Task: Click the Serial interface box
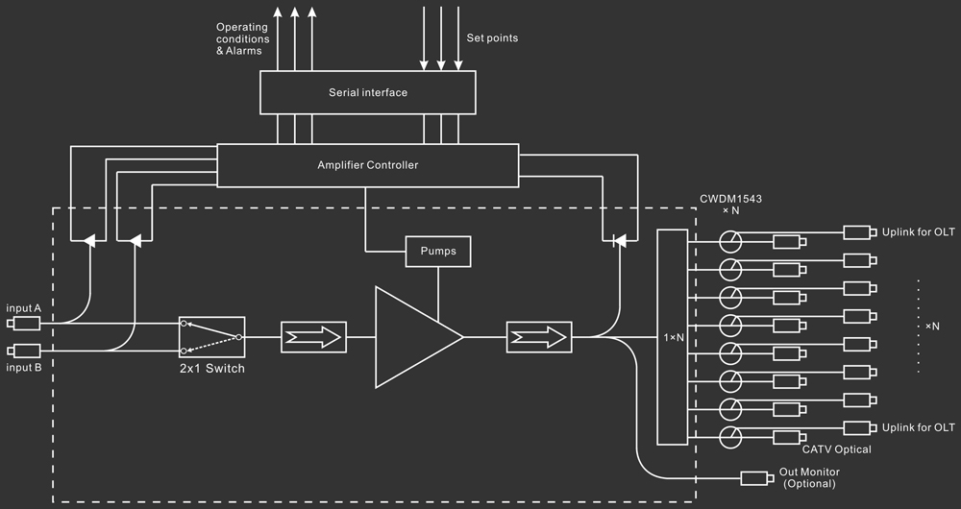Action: point(368,93)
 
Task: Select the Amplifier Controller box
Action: point(368,165)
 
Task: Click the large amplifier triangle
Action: point(414,336)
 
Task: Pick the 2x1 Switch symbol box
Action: point(211,337)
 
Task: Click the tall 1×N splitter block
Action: point(673,337)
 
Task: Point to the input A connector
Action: point(27,323)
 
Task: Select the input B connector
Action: point(27,351)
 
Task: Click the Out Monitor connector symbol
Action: point(757,477)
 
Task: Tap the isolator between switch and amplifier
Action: point(313,337)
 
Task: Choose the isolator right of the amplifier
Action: point(538,337)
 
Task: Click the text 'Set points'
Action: point(492,38)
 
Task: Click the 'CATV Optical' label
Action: point(836,449)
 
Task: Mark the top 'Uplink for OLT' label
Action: point(919,232)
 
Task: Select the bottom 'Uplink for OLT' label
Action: point(919,427)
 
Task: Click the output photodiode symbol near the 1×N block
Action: point(618,240)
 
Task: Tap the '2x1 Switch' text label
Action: point(211,369)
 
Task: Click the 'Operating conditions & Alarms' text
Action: point(242,38)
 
